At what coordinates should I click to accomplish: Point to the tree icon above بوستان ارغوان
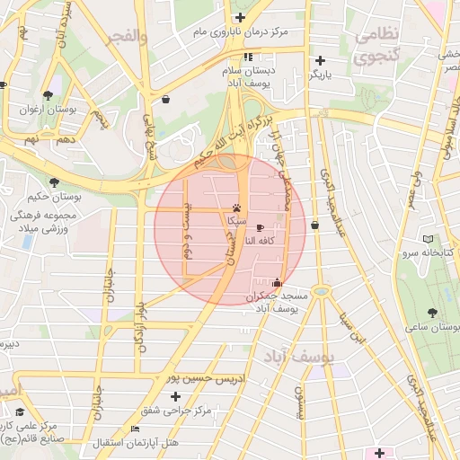(x=48, y=94)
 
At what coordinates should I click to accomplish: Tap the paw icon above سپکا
(x=236, y=206)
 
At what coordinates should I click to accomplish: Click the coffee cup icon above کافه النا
(x=261, y=228)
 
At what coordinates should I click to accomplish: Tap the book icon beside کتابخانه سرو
(x=428, y=239)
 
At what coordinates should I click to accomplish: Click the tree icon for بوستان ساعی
(x=433, y=312)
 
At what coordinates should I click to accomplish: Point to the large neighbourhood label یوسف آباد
(x=300, y=358)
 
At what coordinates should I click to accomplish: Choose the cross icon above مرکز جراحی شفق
(x=175, y=396)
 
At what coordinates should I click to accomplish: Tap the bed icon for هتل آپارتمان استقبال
(x=135, y=429)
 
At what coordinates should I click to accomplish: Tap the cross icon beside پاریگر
(x=315, y=62)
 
